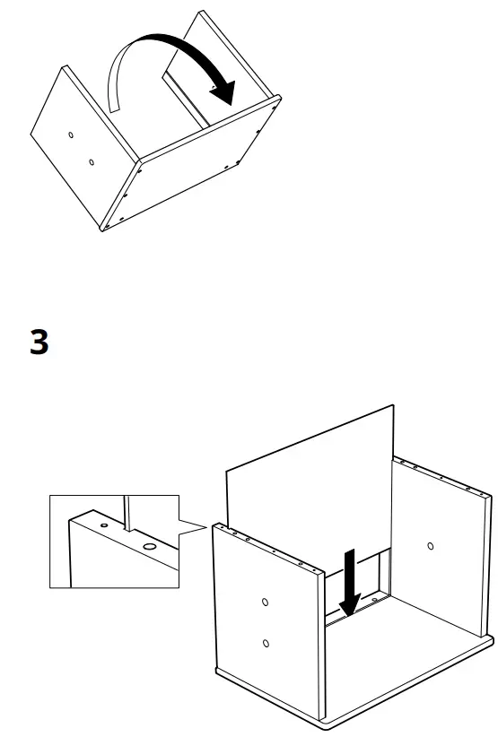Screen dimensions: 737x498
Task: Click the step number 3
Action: (x=39, y=341)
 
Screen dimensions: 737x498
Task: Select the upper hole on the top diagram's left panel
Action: (x=71, y=135)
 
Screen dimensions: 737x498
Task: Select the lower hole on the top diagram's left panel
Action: (x=91, y=162)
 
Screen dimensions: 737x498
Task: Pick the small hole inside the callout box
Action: (x=103, y=525)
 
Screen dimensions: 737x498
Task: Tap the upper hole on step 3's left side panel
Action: (x=265, y=602)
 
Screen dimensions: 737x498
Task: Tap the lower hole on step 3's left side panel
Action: (x=266, y=642)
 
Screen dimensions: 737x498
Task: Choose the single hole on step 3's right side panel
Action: (x=431, y=545)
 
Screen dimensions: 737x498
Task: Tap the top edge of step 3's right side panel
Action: (x=444, y=480)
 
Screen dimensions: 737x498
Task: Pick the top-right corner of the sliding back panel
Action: (x=393, y=407)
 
